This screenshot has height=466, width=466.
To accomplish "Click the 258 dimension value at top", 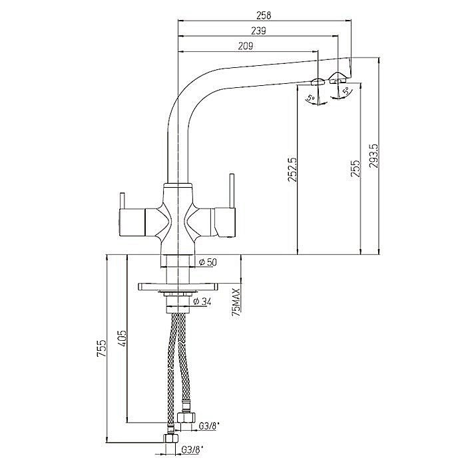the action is tap(264, 15).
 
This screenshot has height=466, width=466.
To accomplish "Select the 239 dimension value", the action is tap(258, 31).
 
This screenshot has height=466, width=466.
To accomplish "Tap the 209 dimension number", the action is tap(246, 46).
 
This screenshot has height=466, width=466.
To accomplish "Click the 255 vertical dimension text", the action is tap(355, 169).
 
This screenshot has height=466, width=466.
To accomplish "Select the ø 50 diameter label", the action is tap(208, 262).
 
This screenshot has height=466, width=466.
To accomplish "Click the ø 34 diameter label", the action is tap(202, 302).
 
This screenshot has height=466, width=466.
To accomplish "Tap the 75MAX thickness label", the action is tap(236, 303).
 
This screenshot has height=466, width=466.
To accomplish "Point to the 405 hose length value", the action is tap(122, 338).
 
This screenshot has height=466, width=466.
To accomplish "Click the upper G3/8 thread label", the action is tap(209, 427).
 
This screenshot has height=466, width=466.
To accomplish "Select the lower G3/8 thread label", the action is tap(192, 459).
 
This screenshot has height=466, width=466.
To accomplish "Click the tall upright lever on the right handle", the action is tap(232, 191).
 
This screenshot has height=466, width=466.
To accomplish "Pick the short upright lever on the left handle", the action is tap(122, 201).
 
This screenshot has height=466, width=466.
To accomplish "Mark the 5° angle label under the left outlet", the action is tap(311, 97).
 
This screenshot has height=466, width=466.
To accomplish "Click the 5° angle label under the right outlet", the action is tap(346, 91).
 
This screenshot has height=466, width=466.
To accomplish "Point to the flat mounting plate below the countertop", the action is tap(178, 286).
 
